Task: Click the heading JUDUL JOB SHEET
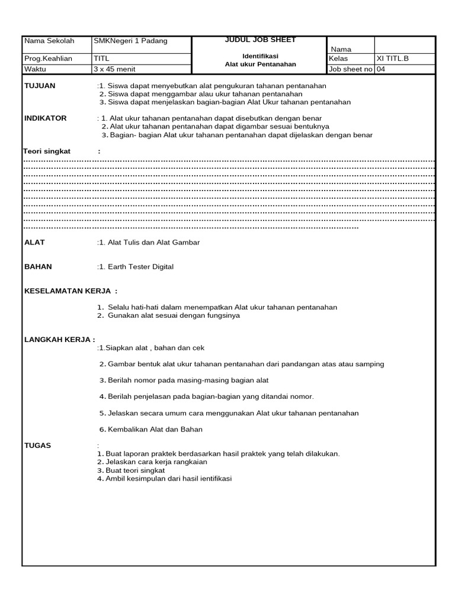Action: pyautogui.click(x=260, y=40)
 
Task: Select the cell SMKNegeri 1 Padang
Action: pyautogui.click(x=130, y=41)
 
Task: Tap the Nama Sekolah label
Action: pyautogui.click(x=49, y=41)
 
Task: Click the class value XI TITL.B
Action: pyautogui.click(x=393, y=59)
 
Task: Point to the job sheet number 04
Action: pyautogui.click(x=382, y=69)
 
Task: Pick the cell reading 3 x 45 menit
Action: pyautogui.click(x=114, y=69)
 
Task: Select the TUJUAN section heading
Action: pyautogui.click(x=40, y=86)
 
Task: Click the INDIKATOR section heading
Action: pyautogui.click(x=45, y=118)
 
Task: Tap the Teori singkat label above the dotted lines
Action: pyautogui.click(x=47, y=151)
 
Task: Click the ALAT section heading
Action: pyautogui.click(x=34, y=243)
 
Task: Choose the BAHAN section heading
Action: pyautogui.click(x=38, y=267)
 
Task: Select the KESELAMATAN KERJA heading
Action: pyautogui.click(x=71, y=291)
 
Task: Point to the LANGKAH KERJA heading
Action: pyautogui.click(x=59, y=340)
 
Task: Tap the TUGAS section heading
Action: pyautogui.click(x=37, y=446)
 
